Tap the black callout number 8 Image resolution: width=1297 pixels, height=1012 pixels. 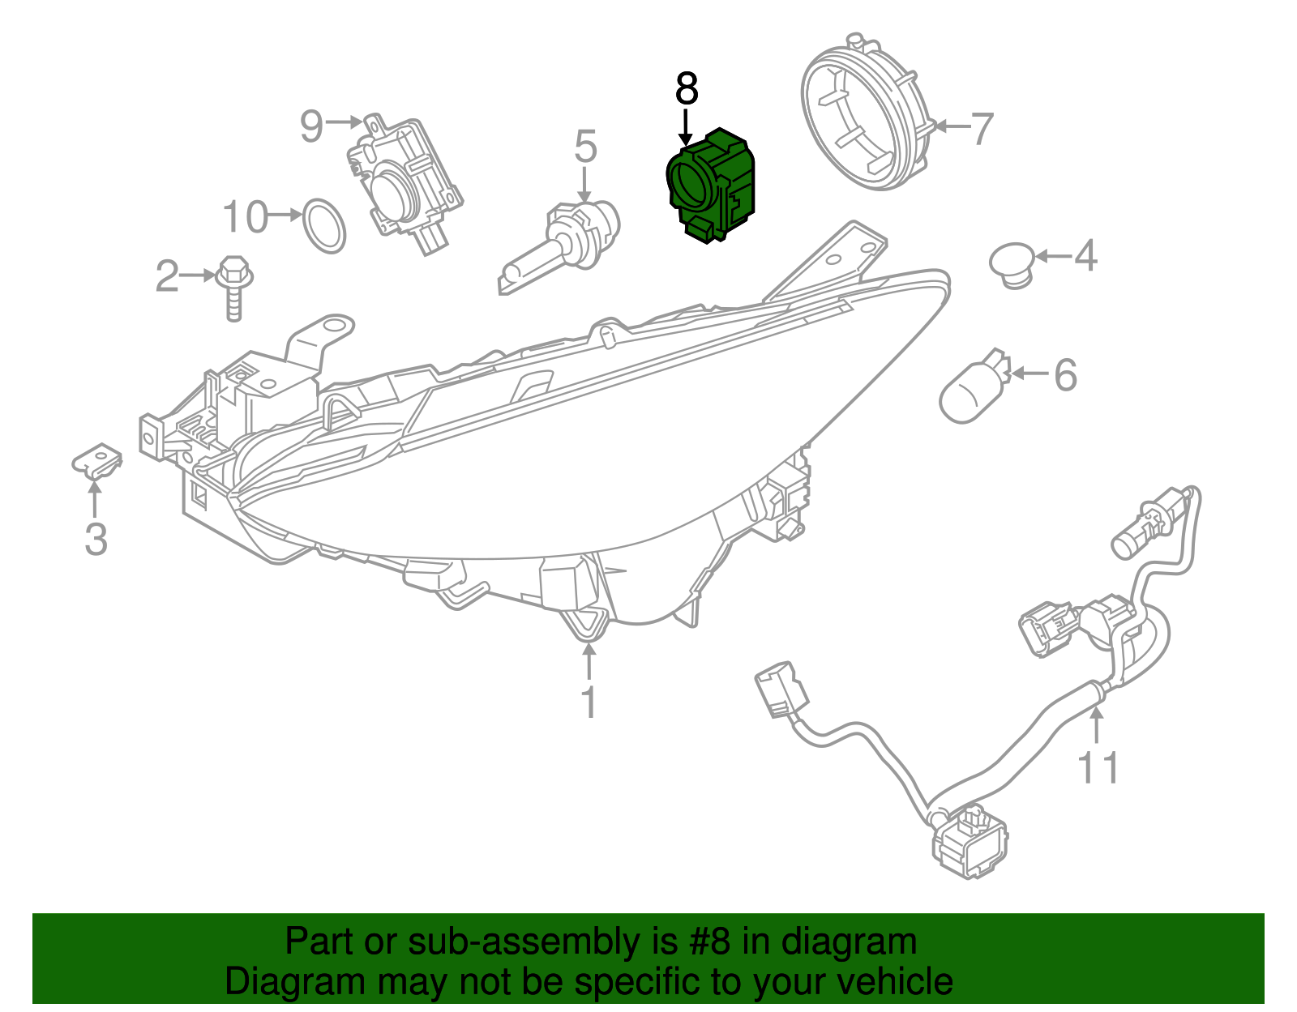pyautogui.click(x=687, y=89)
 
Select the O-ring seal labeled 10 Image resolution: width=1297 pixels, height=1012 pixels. pyautogui.click(x=323, y=224)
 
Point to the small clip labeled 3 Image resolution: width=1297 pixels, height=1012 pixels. pyautogui.click(x=98, y=460)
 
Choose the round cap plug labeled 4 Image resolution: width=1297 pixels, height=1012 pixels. pyautogui.click(x=1012, y=263)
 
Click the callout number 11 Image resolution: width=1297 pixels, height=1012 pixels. pyautogui.click(x=1098, y=767)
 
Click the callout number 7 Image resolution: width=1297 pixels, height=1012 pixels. pyautogui.click(x=982, y=128)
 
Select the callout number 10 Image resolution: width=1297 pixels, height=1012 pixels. pyautogui.click(x=245, y=216)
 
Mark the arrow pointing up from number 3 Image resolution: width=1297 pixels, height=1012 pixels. pyautogui.click(x=95, y=498)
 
